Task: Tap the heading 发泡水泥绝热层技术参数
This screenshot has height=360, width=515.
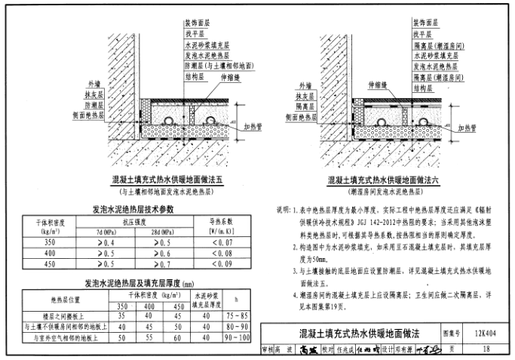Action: tap(133, 209)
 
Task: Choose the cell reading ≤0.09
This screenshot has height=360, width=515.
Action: tap(222, 265)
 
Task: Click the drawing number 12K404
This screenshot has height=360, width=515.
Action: tap(484, 332)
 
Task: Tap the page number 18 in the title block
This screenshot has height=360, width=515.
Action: tap(484, 349)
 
